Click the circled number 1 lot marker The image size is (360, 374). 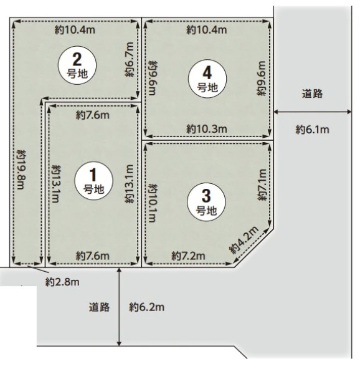(x=93, y=181)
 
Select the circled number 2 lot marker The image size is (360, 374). (x=77, y=65)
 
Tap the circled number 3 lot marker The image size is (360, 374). (x=206, y=202)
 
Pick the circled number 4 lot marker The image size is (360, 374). (x=207, y=79)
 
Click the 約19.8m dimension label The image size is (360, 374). (x=21, y=170)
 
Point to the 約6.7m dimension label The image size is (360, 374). (x=130, y=60)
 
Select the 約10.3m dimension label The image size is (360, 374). (x=207, y=129)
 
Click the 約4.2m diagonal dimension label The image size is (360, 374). (x=244, y=240)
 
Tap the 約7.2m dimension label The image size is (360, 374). (x=188, y=256)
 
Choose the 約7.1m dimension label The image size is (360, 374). (x=262, y=185)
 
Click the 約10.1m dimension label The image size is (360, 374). (x=153, y=203)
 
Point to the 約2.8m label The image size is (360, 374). (x=62, y=282)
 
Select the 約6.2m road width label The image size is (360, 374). (x=147, y=307)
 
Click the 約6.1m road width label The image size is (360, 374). (x=312, y=130)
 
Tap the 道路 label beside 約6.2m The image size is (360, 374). (x=100, y=307)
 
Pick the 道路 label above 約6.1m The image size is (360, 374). (x=312, y=93)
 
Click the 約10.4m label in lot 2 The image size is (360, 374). (x=75, y=30)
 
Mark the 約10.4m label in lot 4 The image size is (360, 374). (x=207, y=30)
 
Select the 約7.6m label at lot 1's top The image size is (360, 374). (x=93, y=115)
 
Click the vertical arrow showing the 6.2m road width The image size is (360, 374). (x=119, y=307)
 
